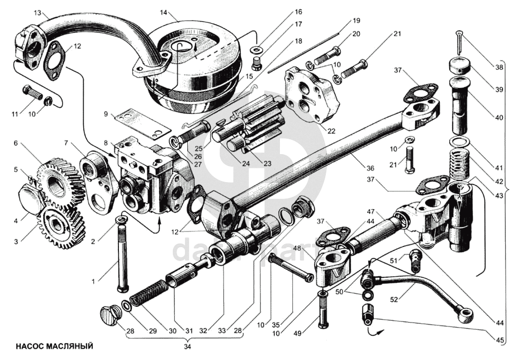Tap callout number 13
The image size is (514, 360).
click(37, 12)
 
